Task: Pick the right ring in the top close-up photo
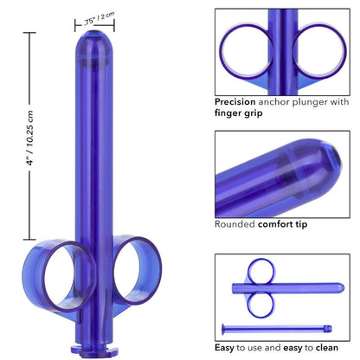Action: click(320, 48)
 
